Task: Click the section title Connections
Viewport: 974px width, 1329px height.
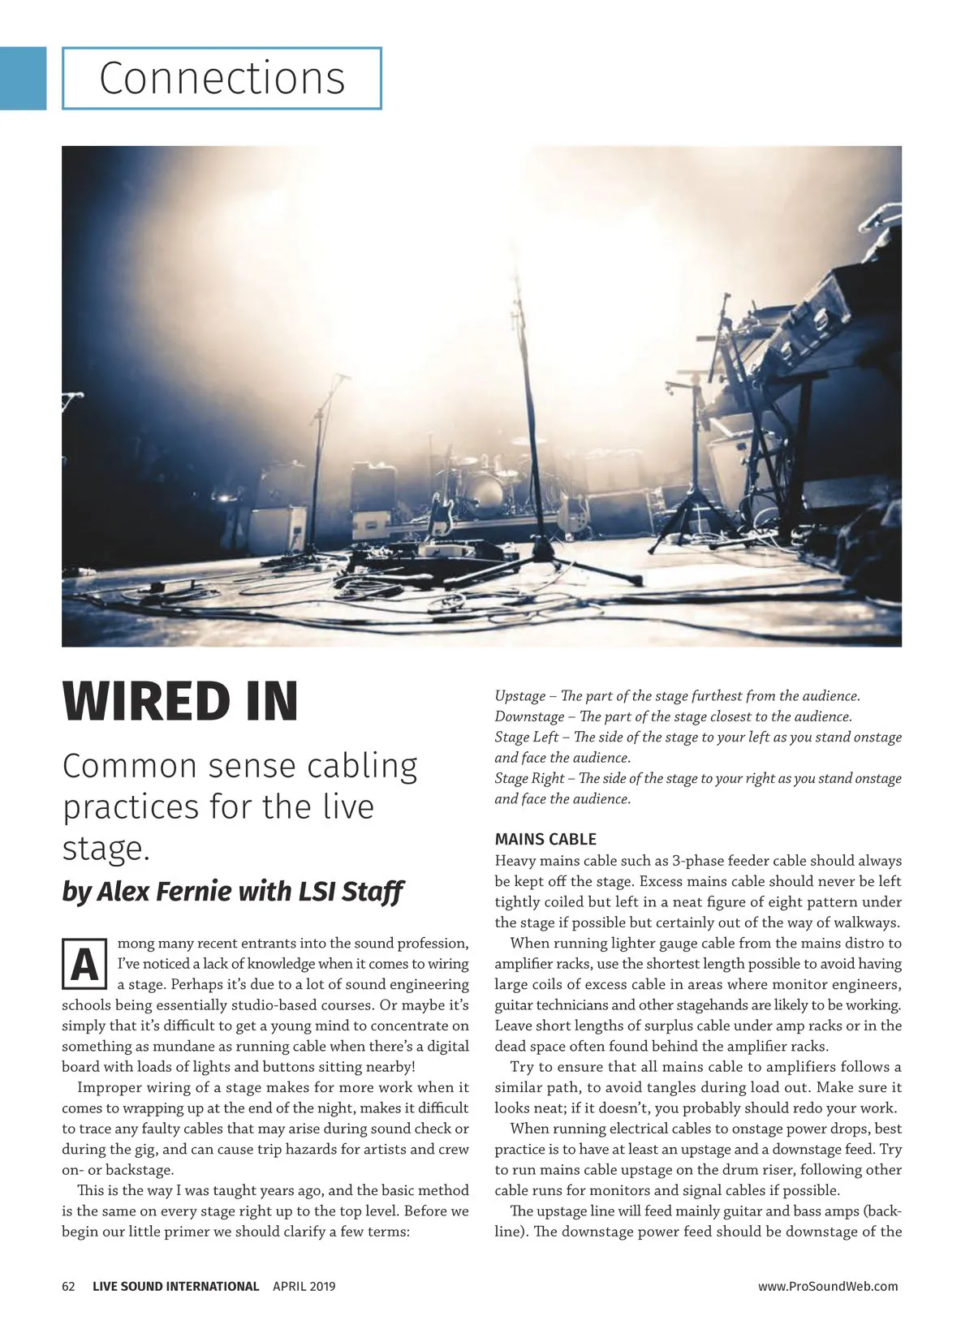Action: (222, 79)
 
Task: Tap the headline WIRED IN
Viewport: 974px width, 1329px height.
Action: (180, 702)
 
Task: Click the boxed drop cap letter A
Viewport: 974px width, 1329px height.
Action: (84, 964)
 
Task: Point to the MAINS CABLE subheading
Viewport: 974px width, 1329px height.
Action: (545, 839)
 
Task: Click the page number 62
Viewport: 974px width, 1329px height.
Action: (69, 1286)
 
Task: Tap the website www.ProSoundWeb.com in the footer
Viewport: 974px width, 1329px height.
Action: (828, 1286)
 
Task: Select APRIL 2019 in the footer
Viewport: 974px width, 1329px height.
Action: (304, 1286)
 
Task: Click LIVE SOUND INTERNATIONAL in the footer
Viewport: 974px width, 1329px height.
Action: (176, 1286)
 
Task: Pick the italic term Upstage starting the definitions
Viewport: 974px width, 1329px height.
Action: (519, 696)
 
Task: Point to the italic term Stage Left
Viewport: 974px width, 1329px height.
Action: (527, 738)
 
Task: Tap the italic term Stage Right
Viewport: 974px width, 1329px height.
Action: (529, 778)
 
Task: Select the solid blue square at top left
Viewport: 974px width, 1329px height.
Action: (23, 78)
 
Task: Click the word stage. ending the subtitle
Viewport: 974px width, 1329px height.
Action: (106, 848)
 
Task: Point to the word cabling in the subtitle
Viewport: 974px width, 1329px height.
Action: (361, 766)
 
